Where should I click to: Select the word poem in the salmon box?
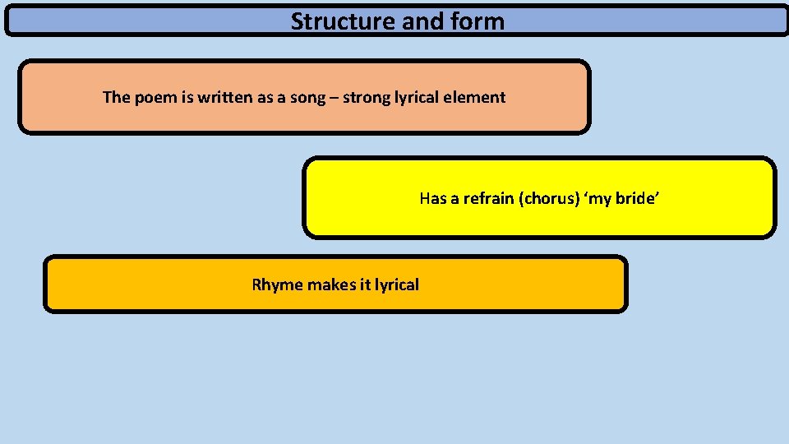coord(153,97)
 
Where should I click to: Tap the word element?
coord(474,97)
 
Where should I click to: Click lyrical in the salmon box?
coord(417,98)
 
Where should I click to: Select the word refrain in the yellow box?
coord(489,198)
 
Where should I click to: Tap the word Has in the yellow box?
coord(432,198)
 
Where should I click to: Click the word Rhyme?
coord(277,285)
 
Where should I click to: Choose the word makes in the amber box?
coord(331,285)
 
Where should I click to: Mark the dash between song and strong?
coord(335,98)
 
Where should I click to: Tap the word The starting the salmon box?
coord(117,97)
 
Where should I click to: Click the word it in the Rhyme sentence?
coord(365,285)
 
